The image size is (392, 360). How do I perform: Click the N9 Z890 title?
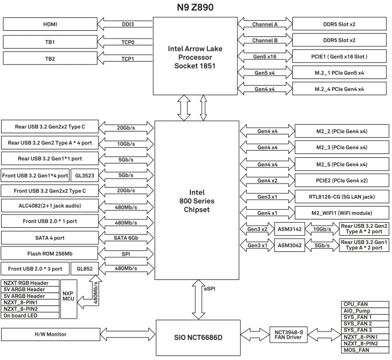click(x=195, y=7)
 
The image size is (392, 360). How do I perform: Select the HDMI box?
click(x=50, y=24)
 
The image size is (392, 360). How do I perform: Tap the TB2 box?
click(x=50, y=59)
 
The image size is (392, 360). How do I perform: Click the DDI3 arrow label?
click(x=128, y=24)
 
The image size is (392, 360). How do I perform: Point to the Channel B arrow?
click(x=265, y=40)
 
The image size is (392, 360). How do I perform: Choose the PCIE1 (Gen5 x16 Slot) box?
click(x=339, y=57)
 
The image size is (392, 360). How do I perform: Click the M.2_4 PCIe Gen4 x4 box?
click(x=339, y=89)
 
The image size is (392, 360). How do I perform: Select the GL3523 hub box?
click(x=85, y=175)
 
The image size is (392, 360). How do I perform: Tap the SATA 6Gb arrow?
click(x=126, y=238)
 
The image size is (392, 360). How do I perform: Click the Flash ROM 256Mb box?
click(x=49, y=254)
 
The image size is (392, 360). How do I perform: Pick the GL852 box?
click(x=85, y=269)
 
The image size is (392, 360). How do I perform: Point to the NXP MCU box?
click(x=69, y=299)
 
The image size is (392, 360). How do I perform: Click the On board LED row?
click(x=30, y=316)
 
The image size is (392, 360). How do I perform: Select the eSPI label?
click(x=209, y=289)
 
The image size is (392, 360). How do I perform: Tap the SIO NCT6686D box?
click(x=198, y=338)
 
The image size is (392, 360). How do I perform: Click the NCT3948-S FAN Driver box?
click(x=288, y=335)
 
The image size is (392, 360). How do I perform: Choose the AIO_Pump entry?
click(x=365, y=311)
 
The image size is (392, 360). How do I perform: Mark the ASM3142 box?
click(x=290, y=229)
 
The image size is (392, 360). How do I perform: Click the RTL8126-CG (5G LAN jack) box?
click(x=342, y=197)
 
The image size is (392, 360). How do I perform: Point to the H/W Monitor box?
click(x=50, y=334)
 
